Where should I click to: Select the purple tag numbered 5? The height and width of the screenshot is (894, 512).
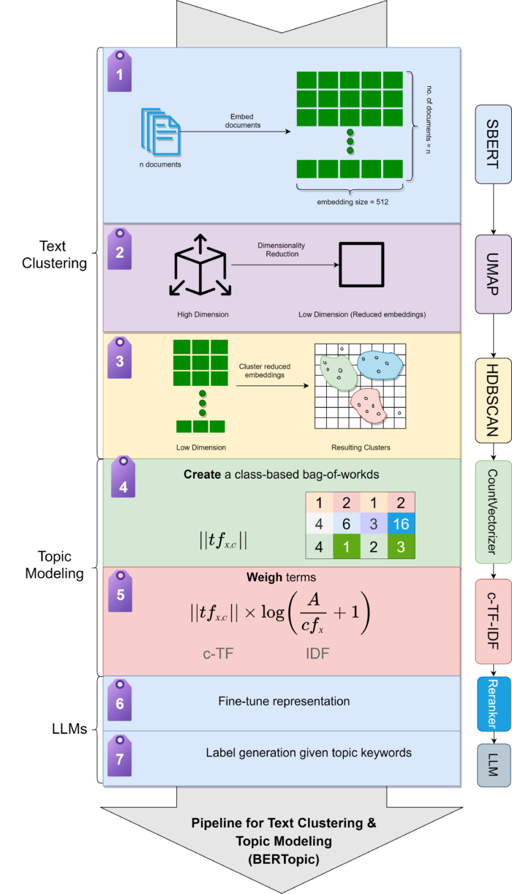(119, 591)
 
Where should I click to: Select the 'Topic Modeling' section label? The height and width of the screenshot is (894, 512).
(55, 564)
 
